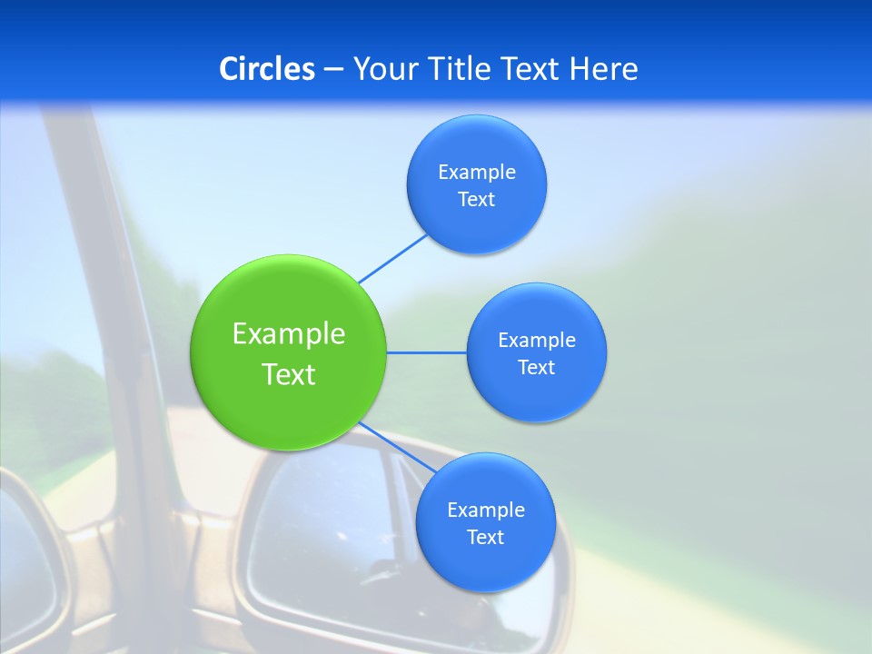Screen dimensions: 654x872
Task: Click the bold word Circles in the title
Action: (x=266, y=69)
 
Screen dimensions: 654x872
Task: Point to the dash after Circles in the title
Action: (x=333, y=70)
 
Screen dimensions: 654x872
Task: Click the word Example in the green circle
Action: (x=289, y=334)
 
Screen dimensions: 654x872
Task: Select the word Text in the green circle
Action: (x=289, y=374)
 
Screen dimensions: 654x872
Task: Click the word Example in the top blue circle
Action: (x=477, y=173)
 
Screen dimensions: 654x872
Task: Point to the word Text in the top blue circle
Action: (x=477, y=200)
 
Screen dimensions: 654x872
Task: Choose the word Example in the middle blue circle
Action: (x=537, y=341)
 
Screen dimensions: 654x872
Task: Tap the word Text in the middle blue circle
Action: (x=537, y=368)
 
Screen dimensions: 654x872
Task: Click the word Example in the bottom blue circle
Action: (x=486, y=510)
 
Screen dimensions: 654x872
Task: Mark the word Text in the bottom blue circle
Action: (x=486, y=538)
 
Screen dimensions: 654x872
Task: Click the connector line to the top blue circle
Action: (x=392, y=259)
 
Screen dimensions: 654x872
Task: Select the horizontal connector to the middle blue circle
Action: (x=427, y=352)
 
